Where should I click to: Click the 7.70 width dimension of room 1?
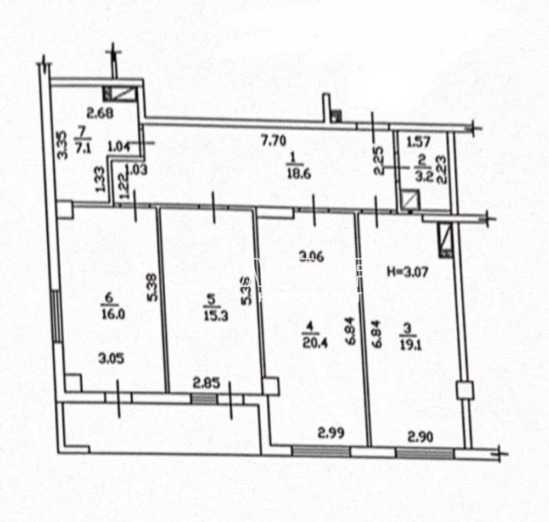[273, 141]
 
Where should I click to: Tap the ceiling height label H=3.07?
[407, 271]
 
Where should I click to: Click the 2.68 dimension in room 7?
[99, 114]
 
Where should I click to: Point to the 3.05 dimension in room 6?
[111, 358]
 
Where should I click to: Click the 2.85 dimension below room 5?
[206, 383]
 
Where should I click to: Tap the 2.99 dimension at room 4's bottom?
[332, 433]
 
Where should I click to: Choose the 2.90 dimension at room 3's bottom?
[420, 437]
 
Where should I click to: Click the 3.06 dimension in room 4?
[311, 256]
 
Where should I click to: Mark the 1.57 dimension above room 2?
[419, 142]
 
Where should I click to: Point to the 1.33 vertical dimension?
[100, 180]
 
